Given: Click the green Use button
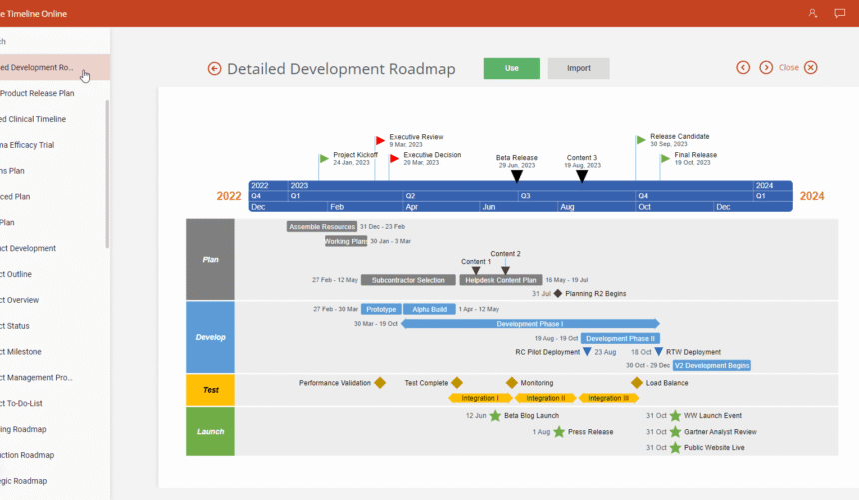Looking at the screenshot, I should point(511,68).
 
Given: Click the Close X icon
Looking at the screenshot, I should point(811,68).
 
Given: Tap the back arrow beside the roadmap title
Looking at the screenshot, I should point(214,69).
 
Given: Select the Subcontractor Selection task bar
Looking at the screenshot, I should point(408,280).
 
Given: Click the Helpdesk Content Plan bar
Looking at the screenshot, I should point(501,280).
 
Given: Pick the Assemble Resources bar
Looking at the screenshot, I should point(321,227).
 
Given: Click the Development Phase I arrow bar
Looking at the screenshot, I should point(530,324).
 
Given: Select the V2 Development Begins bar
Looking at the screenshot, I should point(711,366).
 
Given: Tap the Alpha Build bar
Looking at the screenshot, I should point(429,310).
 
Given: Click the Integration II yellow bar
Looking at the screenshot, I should point(545,398).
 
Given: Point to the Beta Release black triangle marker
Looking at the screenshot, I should point(516,176).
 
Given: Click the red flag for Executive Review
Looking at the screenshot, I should point(380,141).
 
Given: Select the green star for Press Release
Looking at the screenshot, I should point(559,432).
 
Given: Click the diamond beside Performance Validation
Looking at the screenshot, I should point(380,383).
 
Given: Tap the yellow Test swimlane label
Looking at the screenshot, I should point(210,390).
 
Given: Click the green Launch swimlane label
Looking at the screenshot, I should point(210,431).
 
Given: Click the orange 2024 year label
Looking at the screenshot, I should point(811,196).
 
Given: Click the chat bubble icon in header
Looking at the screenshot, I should point(839,13).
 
